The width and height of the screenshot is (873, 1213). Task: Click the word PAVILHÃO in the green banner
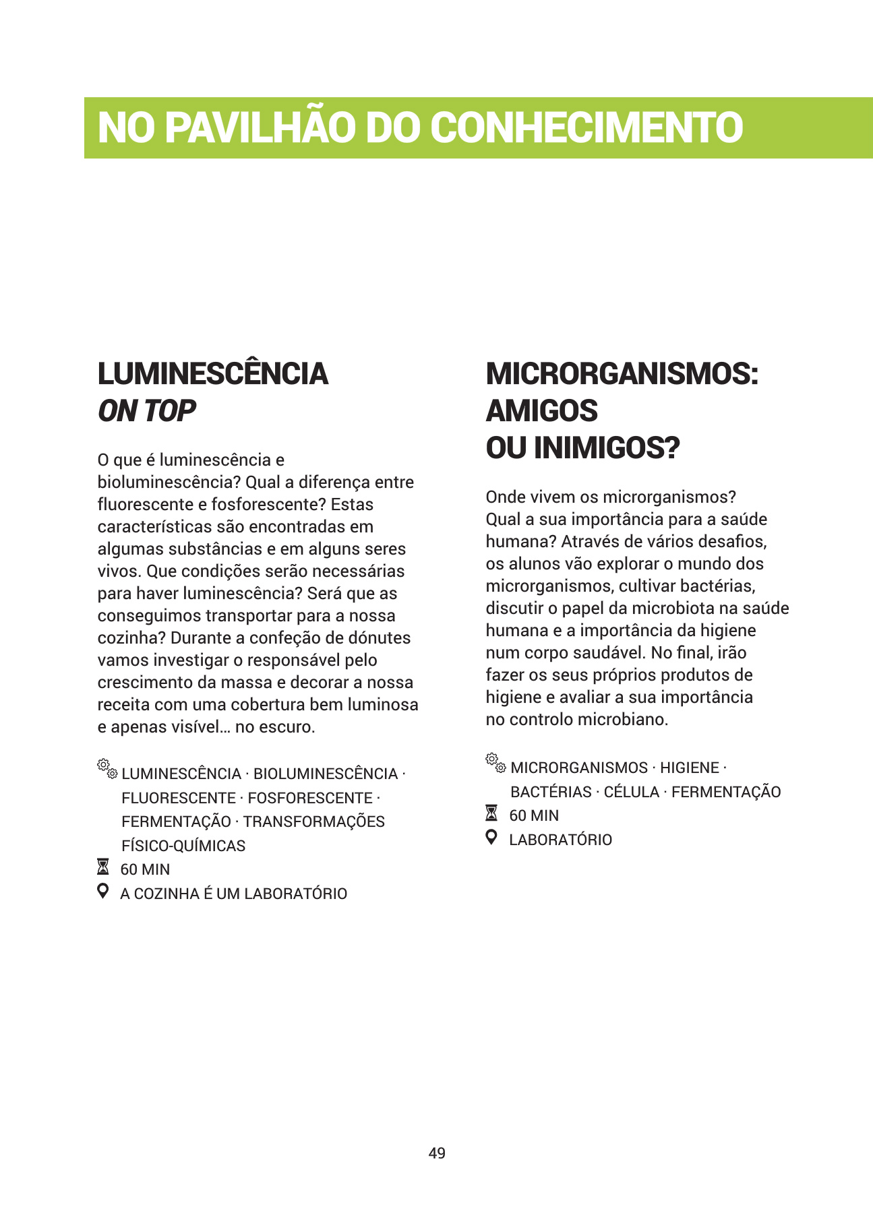(260, 127)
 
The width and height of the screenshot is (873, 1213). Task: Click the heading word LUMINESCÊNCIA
(212, 374)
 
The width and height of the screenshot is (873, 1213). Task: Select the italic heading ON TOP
(146, 411)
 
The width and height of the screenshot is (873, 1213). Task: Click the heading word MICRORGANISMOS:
(622, 374)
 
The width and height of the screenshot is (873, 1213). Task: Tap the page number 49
(437, 1153)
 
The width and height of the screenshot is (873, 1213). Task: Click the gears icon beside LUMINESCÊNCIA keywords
(107, 768)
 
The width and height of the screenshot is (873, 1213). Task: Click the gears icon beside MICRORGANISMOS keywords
(495, 762)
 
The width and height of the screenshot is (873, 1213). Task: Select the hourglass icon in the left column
(103, 867)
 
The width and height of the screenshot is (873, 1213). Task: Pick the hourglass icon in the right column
(492, 813)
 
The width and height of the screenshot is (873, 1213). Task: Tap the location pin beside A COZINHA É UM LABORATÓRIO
(103, 891)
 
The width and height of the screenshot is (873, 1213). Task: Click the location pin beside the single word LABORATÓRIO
(492, 838)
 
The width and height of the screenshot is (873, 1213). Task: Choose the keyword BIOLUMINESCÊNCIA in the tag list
(326, 774)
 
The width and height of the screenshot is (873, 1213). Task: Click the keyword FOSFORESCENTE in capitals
(310, 798)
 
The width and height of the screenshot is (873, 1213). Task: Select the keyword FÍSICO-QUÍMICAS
(183, 846)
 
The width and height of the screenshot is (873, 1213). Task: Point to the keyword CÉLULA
(632, 792)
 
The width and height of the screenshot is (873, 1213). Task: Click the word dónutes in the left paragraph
(380, 637)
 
